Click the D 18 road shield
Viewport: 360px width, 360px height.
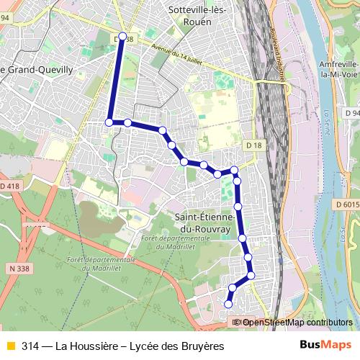[x=253, y=145]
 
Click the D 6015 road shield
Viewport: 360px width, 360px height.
[x=346, y=205]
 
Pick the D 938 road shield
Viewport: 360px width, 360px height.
[x=123, y=40]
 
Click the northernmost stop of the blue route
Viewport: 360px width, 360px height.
[x=122, y=36]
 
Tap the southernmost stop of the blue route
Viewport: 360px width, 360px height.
[x=228, y=304]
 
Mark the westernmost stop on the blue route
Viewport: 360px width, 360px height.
[x=109, y=122]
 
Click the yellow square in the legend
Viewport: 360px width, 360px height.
[x=10, y=346]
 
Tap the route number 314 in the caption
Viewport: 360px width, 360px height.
[x=30, y=346]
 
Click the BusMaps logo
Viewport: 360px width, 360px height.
[x=321, y=346]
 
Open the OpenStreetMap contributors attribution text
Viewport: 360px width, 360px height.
[x=297, y=323]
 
